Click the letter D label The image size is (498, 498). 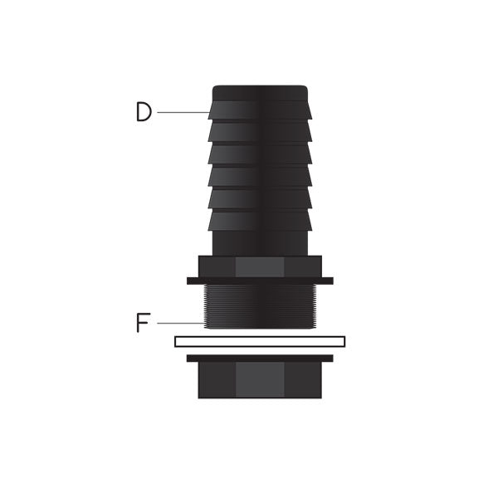pyautogui.click(x=144, y=112)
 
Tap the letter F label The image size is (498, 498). pyautogui.click(x=143, y=323)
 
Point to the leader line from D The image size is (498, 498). pyautogui.click(x=183, y=112)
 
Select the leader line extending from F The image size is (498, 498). pyautogui.click(x=180, y=323)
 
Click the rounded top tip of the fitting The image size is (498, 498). pyautogui.click(x=260, y=92)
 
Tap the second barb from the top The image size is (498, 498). pyautogui.click(x=260, y=133)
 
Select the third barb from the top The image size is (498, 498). pyautogui.click(x=260, y=154)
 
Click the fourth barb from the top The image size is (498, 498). pyautogui.click(x=260, y=177)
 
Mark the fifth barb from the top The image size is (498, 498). pyautogui.click(x=260, y=198)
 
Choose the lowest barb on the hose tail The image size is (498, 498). pyautogui.click(x=260, y=220)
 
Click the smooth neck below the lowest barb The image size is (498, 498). pyautogui.click(x=260, y=243)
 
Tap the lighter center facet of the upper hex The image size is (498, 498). pyautogui.click(x=260, y=266)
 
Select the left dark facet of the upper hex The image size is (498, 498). pyautogui.click(x=217, y=266)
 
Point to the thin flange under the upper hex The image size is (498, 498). pyautogui.click(x=260, y=281)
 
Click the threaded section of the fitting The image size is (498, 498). pyautogui.click(x=260, y=306)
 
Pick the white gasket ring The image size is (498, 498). pyautogui.click(x=260, y=341)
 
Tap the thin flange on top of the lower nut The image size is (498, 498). pyautogui.click(x=260, y=359)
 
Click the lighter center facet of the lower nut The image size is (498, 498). pyautogui.click(x=260, y=380)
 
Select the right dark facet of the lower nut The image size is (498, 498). pyautogui.click(x=302, y=380)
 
